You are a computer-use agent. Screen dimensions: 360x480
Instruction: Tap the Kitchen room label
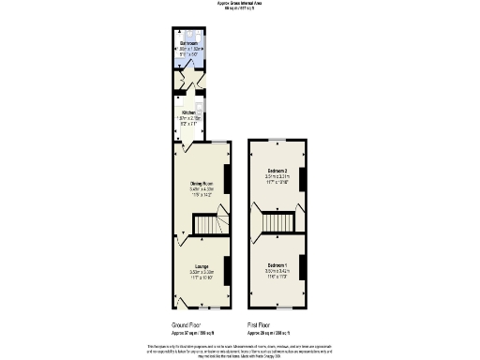(191, 112)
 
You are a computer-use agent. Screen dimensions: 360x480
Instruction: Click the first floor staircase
(279, 222)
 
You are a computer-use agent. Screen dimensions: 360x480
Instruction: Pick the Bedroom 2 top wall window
(275, 140)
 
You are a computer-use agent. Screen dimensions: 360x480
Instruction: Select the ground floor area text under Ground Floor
(192, 333)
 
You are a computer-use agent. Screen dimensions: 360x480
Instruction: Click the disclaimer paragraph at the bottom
(239, 351)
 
